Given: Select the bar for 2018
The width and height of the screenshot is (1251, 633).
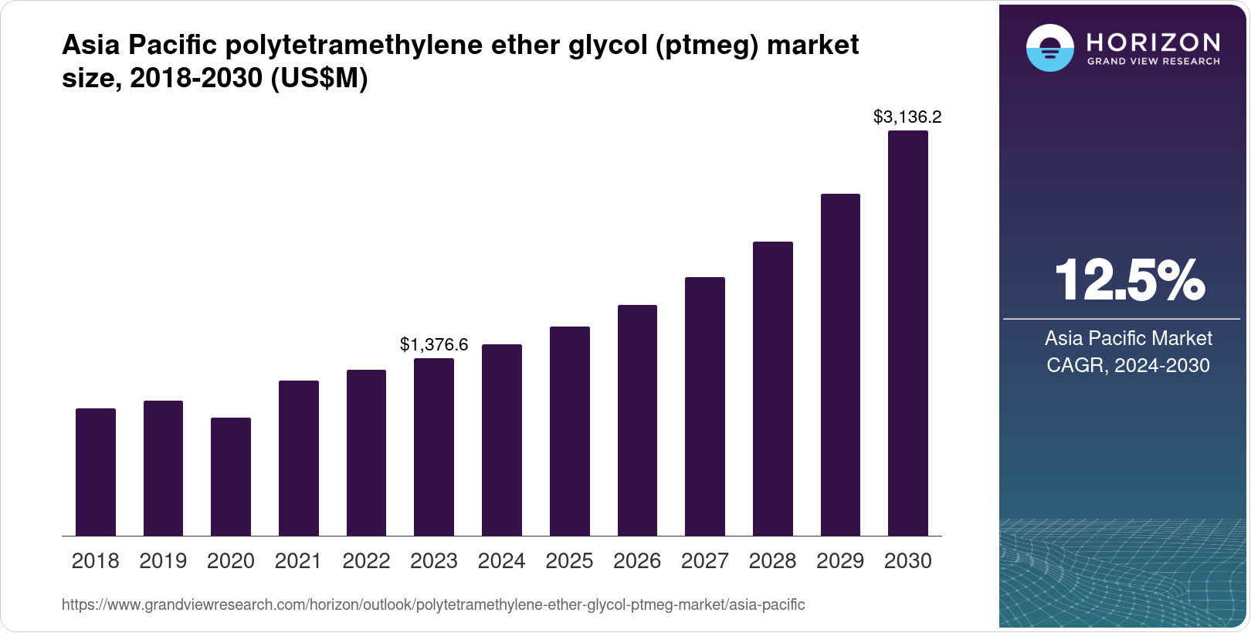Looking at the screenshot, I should (x=96, y=472).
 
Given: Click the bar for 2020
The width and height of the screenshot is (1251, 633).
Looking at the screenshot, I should (x=231, y=476).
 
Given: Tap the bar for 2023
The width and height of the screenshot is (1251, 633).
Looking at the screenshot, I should (x=434, y=447).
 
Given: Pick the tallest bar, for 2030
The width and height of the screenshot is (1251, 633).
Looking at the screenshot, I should (x=908, y=333).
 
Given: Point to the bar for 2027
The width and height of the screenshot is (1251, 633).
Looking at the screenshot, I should (x=705, y=406).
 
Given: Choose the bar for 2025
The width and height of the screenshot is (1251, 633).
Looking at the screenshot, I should (x=570, y=431).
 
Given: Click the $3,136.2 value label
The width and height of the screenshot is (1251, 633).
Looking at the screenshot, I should (x=907, y=117).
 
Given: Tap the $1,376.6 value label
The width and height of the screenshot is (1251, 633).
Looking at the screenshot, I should (x=434, y=345).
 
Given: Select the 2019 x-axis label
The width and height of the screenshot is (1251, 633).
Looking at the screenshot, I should (x=163, y=561).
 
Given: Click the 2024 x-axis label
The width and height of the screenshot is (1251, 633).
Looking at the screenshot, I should (x=502, y=561).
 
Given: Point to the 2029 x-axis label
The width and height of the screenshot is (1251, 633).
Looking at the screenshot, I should (x=840, y=561).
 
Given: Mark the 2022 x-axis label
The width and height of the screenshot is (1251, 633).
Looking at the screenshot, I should (x=366, y=561).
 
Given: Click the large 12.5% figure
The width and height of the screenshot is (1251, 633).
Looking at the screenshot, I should (x=1128, y=280).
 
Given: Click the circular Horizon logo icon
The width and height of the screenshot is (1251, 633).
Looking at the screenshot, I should (x=1049, y=49).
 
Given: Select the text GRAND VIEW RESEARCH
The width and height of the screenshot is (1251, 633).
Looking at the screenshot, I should (x=1153, y=62).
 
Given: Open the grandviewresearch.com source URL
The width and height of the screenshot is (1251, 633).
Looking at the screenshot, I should (x=433, y=605).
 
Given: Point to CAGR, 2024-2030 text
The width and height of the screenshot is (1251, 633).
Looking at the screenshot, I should (x=1128, y=365).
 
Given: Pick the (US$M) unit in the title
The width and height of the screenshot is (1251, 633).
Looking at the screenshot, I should (x=319, y=78).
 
